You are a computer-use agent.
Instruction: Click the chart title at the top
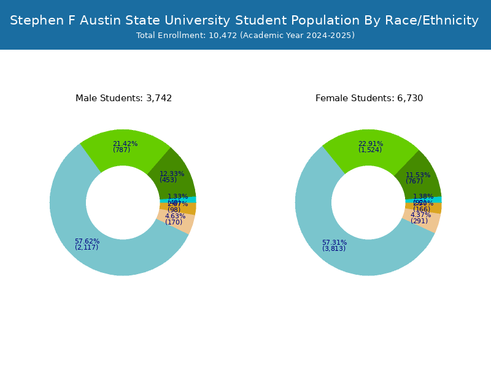click(x=244, y=20)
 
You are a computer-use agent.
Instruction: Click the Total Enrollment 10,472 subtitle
click(x=245, y=36)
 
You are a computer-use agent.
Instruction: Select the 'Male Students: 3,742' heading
click(x=123, y=98)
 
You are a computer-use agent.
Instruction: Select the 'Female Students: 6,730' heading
click(x=369, y=98)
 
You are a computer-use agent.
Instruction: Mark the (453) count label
click(x=168, y=180)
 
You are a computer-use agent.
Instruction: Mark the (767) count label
click(x=414, y=181)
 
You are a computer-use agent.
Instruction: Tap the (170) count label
click(x=174, y=222)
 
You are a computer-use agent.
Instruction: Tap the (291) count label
click(x=419, y=221)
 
